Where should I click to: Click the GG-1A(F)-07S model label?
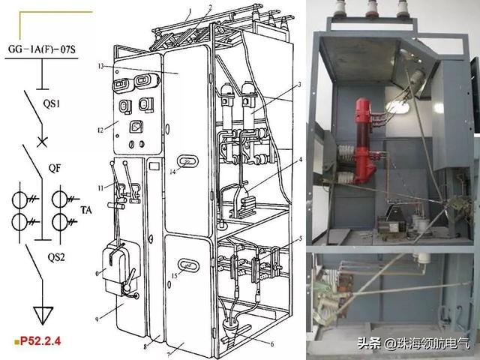tap(42, 49)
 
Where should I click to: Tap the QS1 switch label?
tap(52, 104)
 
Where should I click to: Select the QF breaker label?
tap(55, 168)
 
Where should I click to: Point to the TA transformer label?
tap(86, 210)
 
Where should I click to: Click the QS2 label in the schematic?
tap(57, 257)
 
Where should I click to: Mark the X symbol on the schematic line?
tap(42, 142)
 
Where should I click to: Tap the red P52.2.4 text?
tap(40, 340)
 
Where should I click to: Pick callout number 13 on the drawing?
tap(101, 66)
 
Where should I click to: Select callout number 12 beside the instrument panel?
tap(100, 130)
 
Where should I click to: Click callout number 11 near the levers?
tap(100, 188)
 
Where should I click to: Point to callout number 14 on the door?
tap(172, 172)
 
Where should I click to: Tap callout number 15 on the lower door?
tap(174, 276)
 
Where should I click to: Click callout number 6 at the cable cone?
tap(271, 344)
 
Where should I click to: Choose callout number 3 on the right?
tap(300, 85)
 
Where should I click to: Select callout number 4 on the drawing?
tap(301, 160)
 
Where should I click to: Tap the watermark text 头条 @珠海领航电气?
tap(413, 343)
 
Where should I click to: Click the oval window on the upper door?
tap(187, 161)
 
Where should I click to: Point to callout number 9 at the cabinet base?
tap(97, 319)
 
